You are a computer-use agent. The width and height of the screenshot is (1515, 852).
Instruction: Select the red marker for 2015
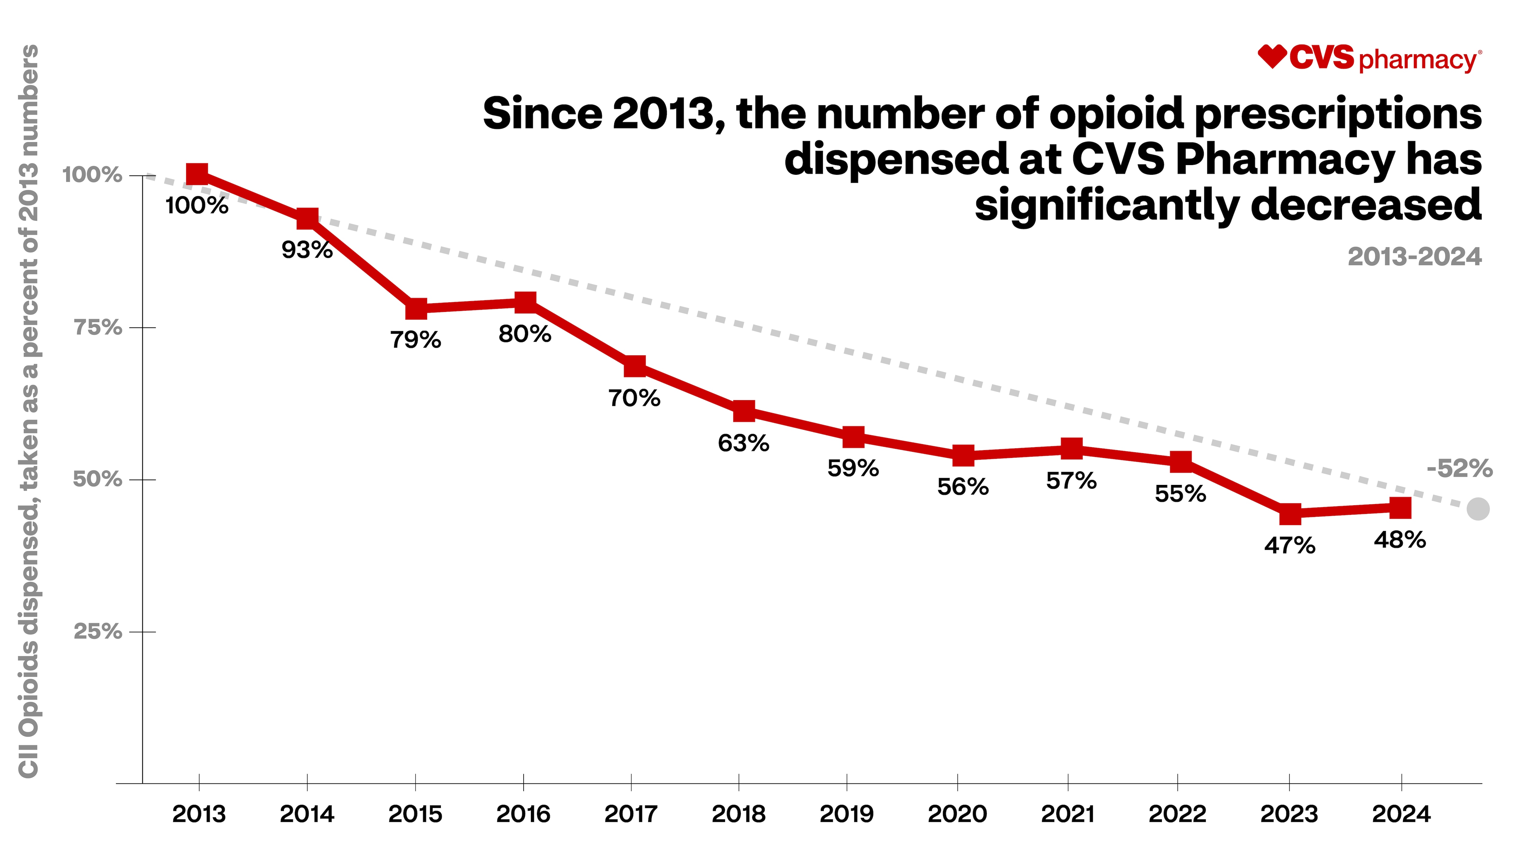(x=416, y=308)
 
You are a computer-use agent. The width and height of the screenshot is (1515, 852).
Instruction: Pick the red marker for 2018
(x=744, y=411)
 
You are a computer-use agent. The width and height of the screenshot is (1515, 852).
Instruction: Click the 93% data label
(x=307, y=250)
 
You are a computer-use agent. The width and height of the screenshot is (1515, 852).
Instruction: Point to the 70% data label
(x=634, y=398)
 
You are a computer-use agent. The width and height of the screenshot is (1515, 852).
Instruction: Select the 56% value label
(x=963, y=487)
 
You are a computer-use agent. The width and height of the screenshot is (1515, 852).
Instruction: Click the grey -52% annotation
(x=1459, y=469)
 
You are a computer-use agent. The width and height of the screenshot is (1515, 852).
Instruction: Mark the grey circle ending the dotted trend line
(x=1478, y=509)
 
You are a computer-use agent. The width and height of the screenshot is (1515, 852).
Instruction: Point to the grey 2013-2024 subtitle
(x=1414, y=257)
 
